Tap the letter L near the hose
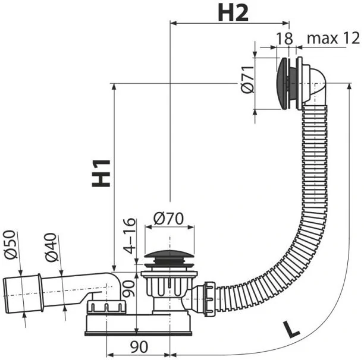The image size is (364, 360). click(x=291, y=328)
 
